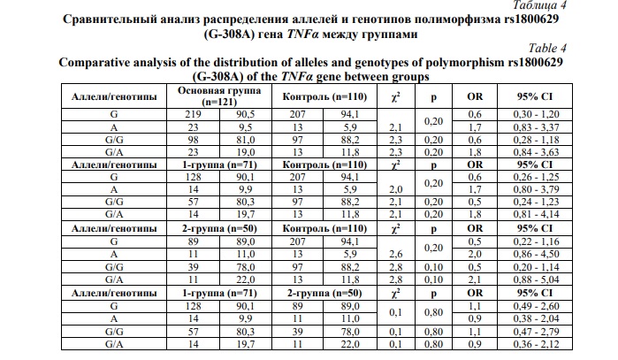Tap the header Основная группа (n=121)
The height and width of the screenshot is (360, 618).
(x=220, y=96)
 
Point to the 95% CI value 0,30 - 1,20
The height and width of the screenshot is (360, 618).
(x=537, y=114)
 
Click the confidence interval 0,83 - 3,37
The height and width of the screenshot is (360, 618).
(x=537, y=126)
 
